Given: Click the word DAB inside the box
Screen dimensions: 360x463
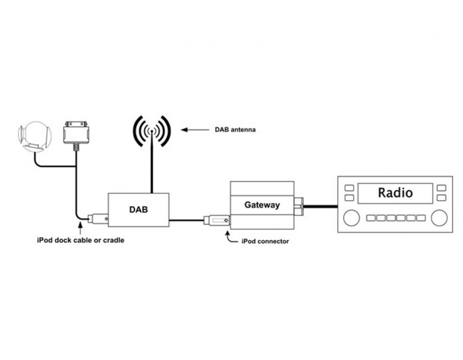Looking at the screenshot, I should [138, 209].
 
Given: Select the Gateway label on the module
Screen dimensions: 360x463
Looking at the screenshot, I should [262, 204].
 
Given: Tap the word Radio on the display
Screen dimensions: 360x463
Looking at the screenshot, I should [395, 192].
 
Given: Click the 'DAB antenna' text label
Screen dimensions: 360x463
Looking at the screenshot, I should [235, 130].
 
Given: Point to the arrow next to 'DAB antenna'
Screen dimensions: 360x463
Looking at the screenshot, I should [194, 130].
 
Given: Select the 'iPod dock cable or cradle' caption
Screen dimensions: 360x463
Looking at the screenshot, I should [81, 240].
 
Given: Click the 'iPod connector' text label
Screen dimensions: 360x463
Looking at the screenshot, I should [265, 241].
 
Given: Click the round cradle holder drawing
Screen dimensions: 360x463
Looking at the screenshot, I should [34, 137].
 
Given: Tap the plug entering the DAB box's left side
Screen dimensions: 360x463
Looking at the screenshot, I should [98, 218].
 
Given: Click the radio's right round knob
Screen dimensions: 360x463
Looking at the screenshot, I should [438, 217].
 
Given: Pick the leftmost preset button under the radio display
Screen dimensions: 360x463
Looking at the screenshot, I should [370, 218].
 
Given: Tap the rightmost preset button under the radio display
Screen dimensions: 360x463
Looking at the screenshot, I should [420, 218].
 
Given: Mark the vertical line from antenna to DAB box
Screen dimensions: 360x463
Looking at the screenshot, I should [151, 167].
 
